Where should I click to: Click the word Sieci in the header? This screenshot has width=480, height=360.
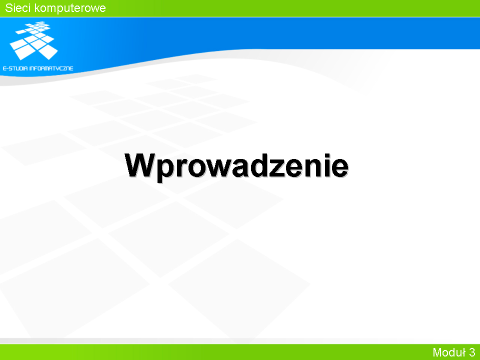(18, 7)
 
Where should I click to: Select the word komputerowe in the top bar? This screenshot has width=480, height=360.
(70, 8)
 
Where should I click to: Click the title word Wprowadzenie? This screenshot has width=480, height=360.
(236, 166)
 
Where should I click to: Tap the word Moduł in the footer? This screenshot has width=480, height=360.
(449, 352)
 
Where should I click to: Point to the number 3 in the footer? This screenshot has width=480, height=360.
(471, 352)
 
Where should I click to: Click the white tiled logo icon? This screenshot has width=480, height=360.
(33, 40)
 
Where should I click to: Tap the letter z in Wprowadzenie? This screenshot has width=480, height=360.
(277, 168)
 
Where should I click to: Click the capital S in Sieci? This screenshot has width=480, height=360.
(9, 7)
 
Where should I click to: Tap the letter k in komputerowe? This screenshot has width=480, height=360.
(37, 7)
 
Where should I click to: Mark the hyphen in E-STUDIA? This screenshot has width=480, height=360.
(7, 68)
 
